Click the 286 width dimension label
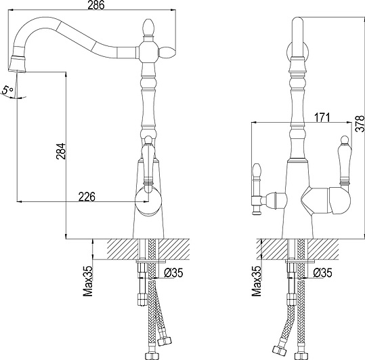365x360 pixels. [x=96, y=5]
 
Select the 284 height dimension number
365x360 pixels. [x=61, y=151]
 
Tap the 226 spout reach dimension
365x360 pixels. [x=87, y=197]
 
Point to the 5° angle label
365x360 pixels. [x=7, y=89]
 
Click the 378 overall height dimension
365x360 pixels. [x=360, y=123]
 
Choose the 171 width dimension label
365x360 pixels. [x=322, y=118]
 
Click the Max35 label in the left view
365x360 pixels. [x=88, y=281]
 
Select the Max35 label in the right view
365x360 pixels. [x=257, y=281]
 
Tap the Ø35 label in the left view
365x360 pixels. [x=173, y=273]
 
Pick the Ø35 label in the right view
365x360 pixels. [x=322, y=273]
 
